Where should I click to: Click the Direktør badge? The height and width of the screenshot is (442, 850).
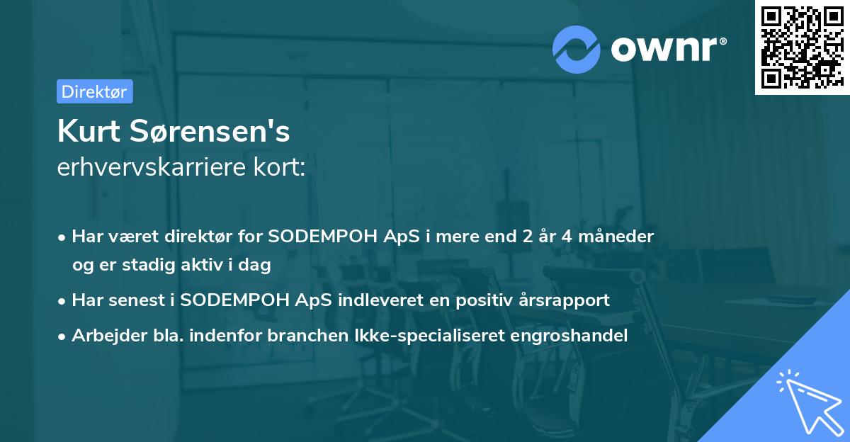click(x=94, y=91)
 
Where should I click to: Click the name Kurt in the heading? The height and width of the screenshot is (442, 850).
click(x=87, y=132)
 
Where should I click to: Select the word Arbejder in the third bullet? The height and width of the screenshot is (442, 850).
click(x=103, y=335)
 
